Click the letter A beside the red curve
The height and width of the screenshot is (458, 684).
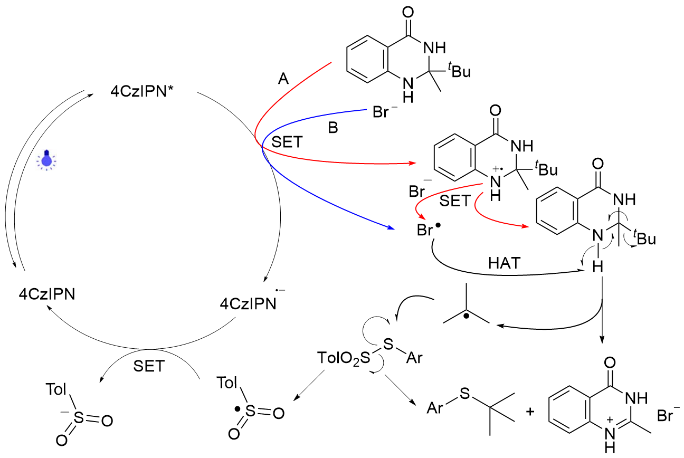click(283, 79)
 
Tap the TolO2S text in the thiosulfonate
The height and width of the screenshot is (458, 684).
click(341, 359)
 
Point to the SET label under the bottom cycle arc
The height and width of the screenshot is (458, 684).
click(150, 366)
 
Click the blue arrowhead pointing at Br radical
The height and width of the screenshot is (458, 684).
click(391, 227)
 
